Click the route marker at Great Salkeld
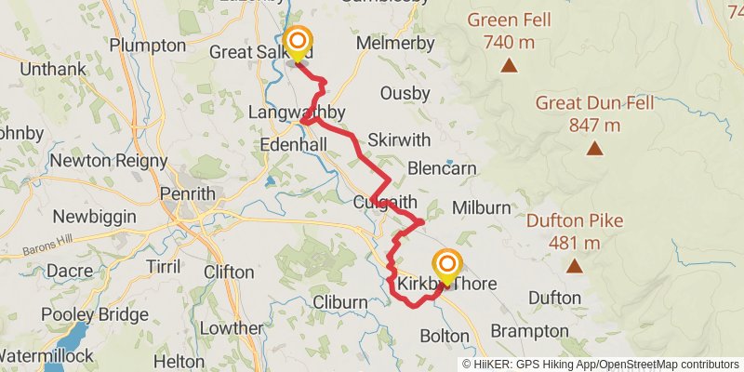298,42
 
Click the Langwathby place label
297,113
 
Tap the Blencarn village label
442,168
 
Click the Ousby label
405,93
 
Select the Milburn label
480,206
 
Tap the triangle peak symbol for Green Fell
509,65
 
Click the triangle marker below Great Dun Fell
593,148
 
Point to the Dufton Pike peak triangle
575,267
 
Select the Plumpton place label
147,45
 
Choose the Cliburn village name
340,302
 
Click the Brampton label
529,331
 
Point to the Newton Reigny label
108,161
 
